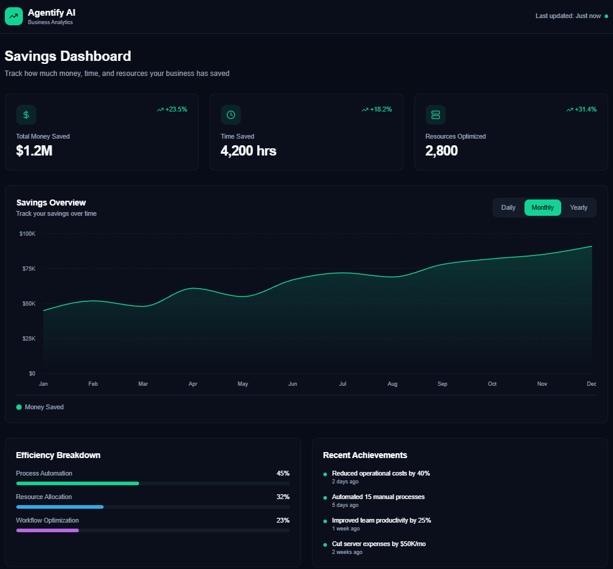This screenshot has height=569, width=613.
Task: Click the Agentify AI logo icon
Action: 13,16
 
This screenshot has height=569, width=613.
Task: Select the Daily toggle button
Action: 508,207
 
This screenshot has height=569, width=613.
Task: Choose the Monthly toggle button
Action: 543,207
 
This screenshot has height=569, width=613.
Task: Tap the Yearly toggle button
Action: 579,207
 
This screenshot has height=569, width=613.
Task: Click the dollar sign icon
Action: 26,115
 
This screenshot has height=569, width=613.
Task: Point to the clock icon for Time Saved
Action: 231,115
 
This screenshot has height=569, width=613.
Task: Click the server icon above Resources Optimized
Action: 435,115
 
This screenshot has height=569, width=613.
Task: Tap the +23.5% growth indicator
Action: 172,109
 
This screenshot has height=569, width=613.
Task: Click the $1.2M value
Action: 34,151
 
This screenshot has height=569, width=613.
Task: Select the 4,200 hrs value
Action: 248,151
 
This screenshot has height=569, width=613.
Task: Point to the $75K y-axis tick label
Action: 28,268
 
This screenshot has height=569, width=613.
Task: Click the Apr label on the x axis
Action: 193,384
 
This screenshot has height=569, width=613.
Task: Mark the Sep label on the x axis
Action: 443,384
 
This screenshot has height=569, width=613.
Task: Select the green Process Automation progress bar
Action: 78,483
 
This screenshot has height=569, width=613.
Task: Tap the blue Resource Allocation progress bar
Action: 60,507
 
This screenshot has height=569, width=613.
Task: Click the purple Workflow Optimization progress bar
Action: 48,530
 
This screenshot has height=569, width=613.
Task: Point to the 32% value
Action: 282,497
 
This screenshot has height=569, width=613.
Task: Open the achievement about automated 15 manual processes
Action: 378,497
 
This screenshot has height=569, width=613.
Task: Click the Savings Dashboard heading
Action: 67,57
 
